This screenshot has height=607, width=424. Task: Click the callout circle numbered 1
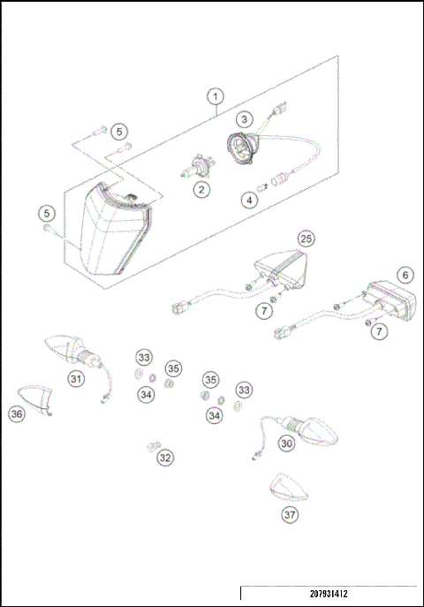click(216, 95)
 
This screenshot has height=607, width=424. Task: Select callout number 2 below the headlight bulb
click(202, 189)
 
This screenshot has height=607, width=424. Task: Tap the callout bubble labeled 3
click(243, 118)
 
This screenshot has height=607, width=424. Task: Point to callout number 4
click(250, 200)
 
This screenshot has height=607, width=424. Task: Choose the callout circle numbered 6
click(405, 275)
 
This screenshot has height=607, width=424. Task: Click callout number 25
click(306, 239)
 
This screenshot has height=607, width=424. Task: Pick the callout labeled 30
click(285, 444)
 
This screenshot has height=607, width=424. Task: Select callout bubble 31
click(77, 379)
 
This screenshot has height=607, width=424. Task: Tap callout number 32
click(165, 458)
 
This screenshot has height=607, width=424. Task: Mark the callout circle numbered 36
click(17, 413)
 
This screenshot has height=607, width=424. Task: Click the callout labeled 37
click(289, 514)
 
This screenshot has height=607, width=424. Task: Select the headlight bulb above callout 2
click(197, 165)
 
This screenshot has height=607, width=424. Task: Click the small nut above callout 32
click(155, 444)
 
